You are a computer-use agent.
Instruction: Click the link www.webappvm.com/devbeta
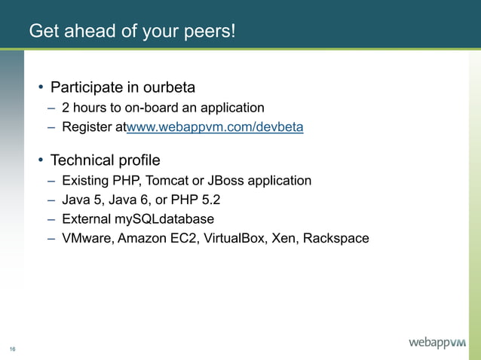(x=215, y=127)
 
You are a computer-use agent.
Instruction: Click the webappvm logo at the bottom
(x=437, y=343)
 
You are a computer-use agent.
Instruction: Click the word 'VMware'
(x=86, y=239)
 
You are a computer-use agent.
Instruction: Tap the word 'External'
(x=87, y=219)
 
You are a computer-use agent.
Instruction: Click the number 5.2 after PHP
(x=210, y=200)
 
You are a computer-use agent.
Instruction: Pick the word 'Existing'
(x=86, y=181)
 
